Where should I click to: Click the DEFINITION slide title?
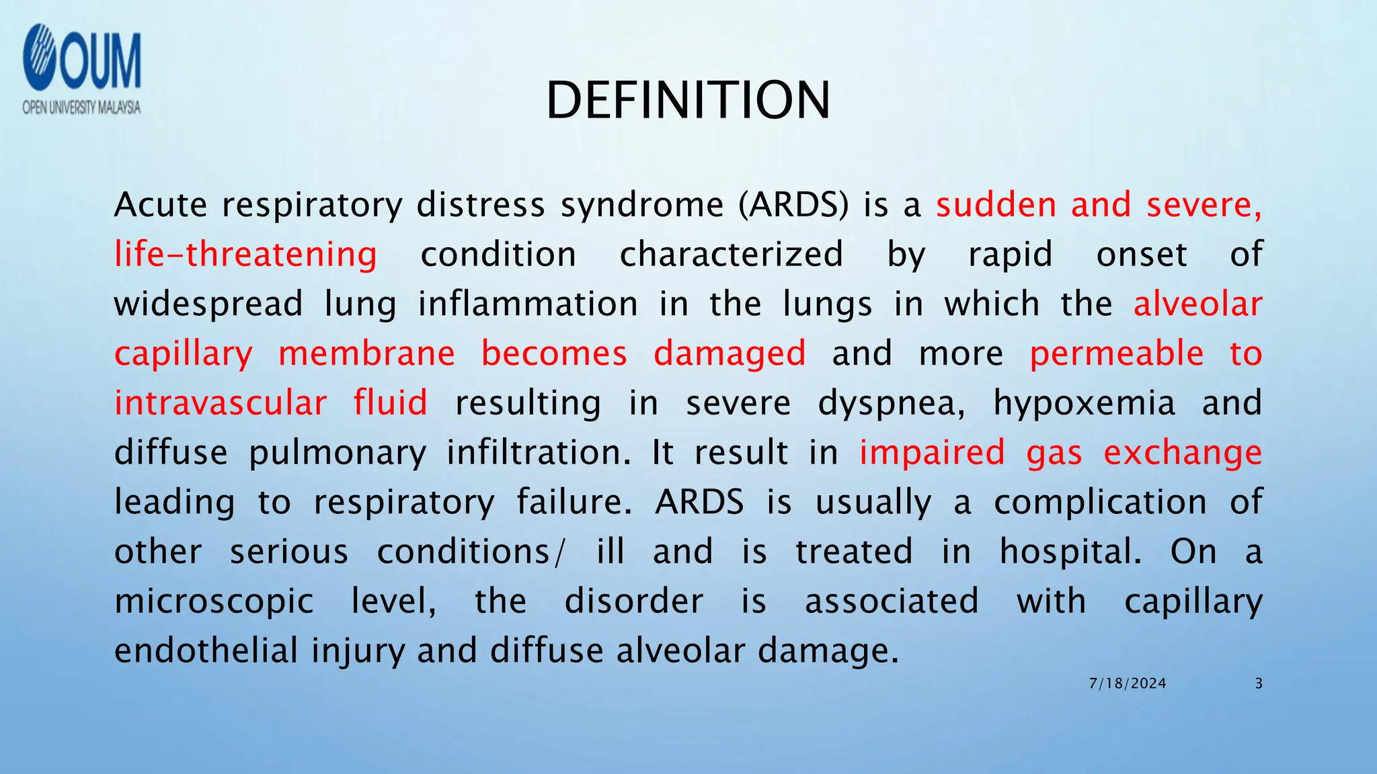pyautogui.click(x=688, y=101)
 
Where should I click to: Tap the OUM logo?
pyautogui.click(x=81, y=59)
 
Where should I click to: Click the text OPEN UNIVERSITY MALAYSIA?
pyautogui.click(x=81, y=107)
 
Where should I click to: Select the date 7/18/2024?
pyautogui.click(x=1128, y=684)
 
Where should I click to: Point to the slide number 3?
pyautogui.click(x=1259, y=684)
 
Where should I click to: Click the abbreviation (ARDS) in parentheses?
pyautogui.click(x=793, y=205)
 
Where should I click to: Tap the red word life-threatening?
pyautogui.click(x=245, y=255)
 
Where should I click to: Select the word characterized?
pyautogui.click(x=731, y=255)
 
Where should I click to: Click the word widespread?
pyautogui.click(x=208, y=304)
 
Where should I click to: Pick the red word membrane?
pyautogui.click(x=366, y=354)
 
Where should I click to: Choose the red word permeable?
pyautogui.click(x=1117, y=354)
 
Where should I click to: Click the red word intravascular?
pyautogui.click(x=221, y=403)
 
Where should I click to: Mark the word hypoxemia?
pyautogui.click(x=1084, y=404)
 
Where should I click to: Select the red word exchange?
pyautogui.click(x=1183, y=454)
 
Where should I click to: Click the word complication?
pyautogui.click(x=1100, y=503)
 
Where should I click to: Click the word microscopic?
pyautogui.click(x=214, y=601)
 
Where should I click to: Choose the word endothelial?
pyautogui.click(x=206, y=651)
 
